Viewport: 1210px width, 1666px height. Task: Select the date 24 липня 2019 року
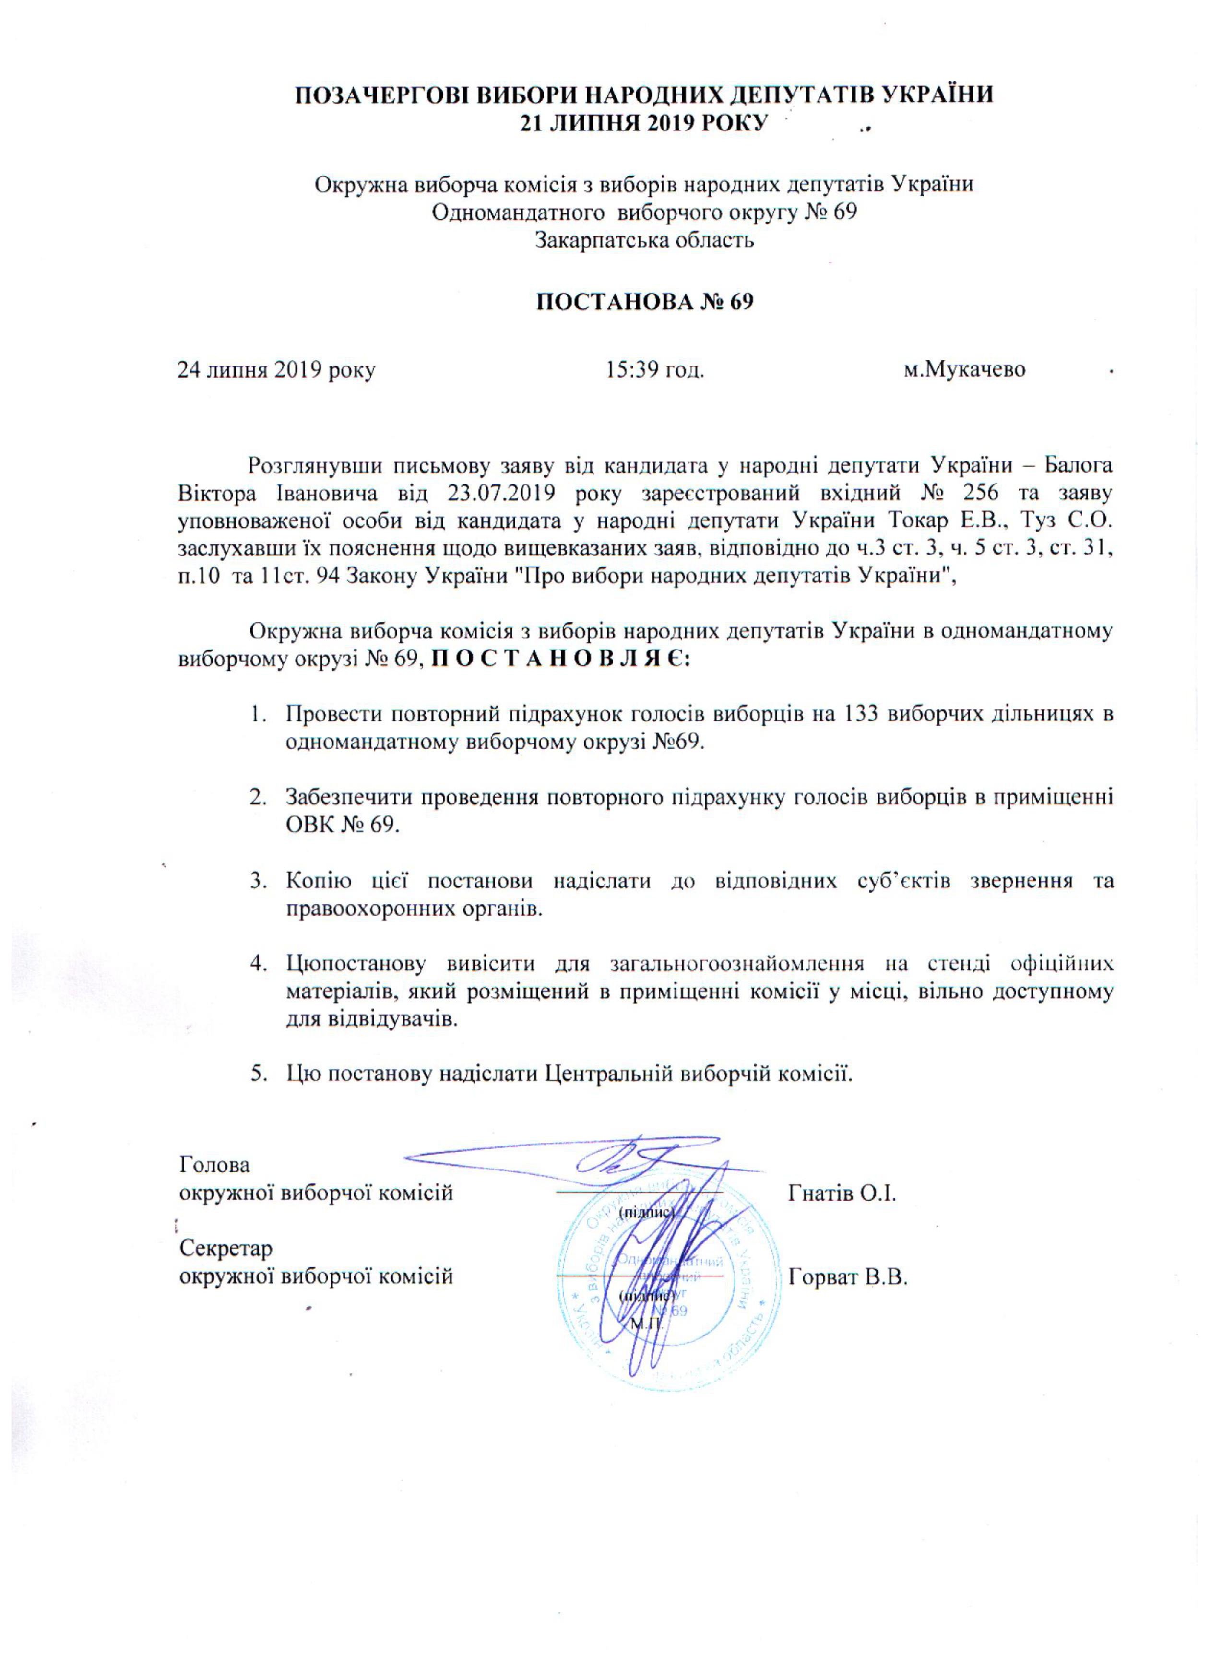click(x=276, y=369)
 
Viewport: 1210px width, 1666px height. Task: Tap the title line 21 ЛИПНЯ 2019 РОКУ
click(x=643, y=123)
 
